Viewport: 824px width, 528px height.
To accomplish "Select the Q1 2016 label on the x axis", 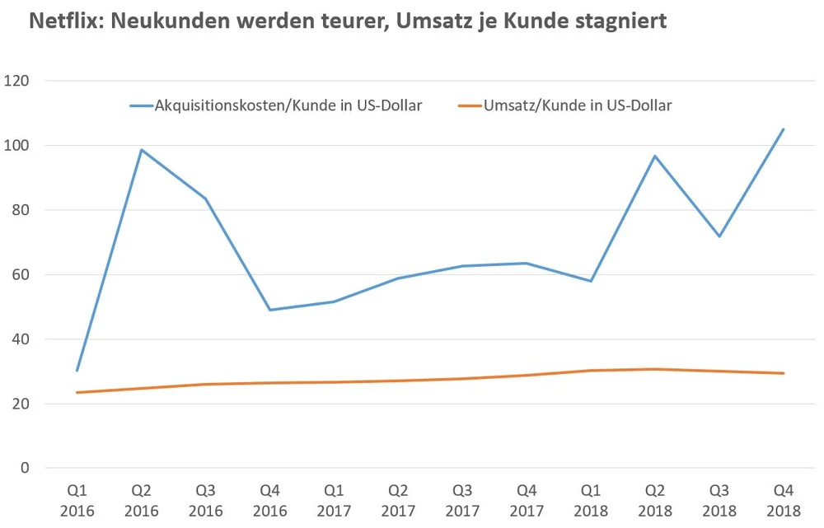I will (x=77, y=501).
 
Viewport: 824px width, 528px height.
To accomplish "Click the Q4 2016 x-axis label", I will (x=269, y=501).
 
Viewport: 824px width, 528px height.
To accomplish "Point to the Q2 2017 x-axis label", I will (x=398, y=501).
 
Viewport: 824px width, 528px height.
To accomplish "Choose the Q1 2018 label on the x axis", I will (x=590, y=501).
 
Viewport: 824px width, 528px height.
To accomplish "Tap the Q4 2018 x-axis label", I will (x=783, y=501).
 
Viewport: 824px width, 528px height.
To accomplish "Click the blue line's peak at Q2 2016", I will (x=142, y=150).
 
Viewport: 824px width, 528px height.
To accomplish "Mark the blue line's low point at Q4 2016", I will (x=269, y=310).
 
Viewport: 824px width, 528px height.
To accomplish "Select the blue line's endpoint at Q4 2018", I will (x=783, y=129).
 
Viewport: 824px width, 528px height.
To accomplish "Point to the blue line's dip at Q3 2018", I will (x=719, y=236).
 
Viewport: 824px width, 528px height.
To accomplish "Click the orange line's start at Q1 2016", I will (x=77, y=392).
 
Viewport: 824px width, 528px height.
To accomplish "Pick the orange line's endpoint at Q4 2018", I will (x=783, y=373).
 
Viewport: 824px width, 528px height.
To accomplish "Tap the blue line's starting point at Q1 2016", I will (x=77, y=371).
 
